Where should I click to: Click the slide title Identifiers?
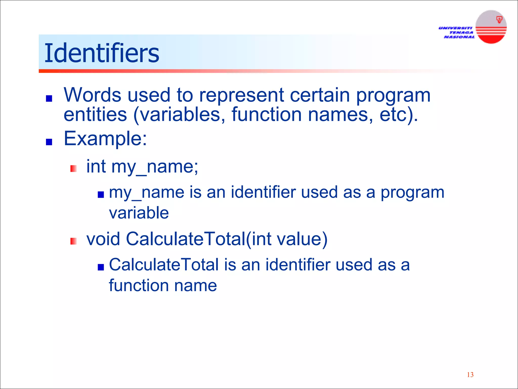(x=102, y=53)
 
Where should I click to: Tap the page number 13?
(x=470, y=375)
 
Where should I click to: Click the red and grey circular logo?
(x=491, y=27)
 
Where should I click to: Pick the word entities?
(x=95, y=114)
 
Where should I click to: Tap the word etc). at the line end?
(x=399, y=114)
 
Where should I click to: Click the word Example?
(x=105, y=139)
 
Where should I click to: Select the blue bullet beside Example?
(x=49, y=142)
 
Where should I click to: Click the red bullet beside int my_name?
(x=74, y=169)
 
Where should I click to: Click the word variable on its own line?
(x=139, y=213)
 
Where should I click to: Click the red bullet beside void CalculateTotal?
(x=74, y=241)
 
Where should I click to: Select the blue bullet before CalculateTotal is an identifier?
(x=101, y=267)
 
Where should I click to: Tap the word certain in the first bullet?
(x=320, y=95)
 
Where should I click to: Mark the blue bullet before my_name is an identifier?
(x=101, y=194)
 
